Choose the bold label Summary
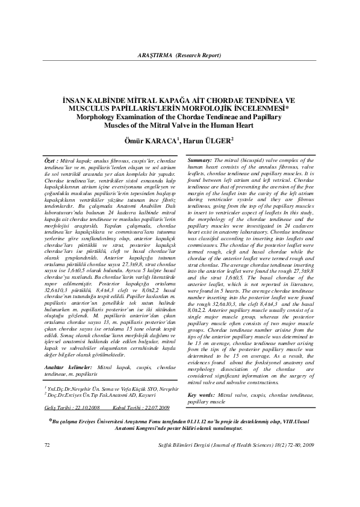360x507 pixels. point(199,161)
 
